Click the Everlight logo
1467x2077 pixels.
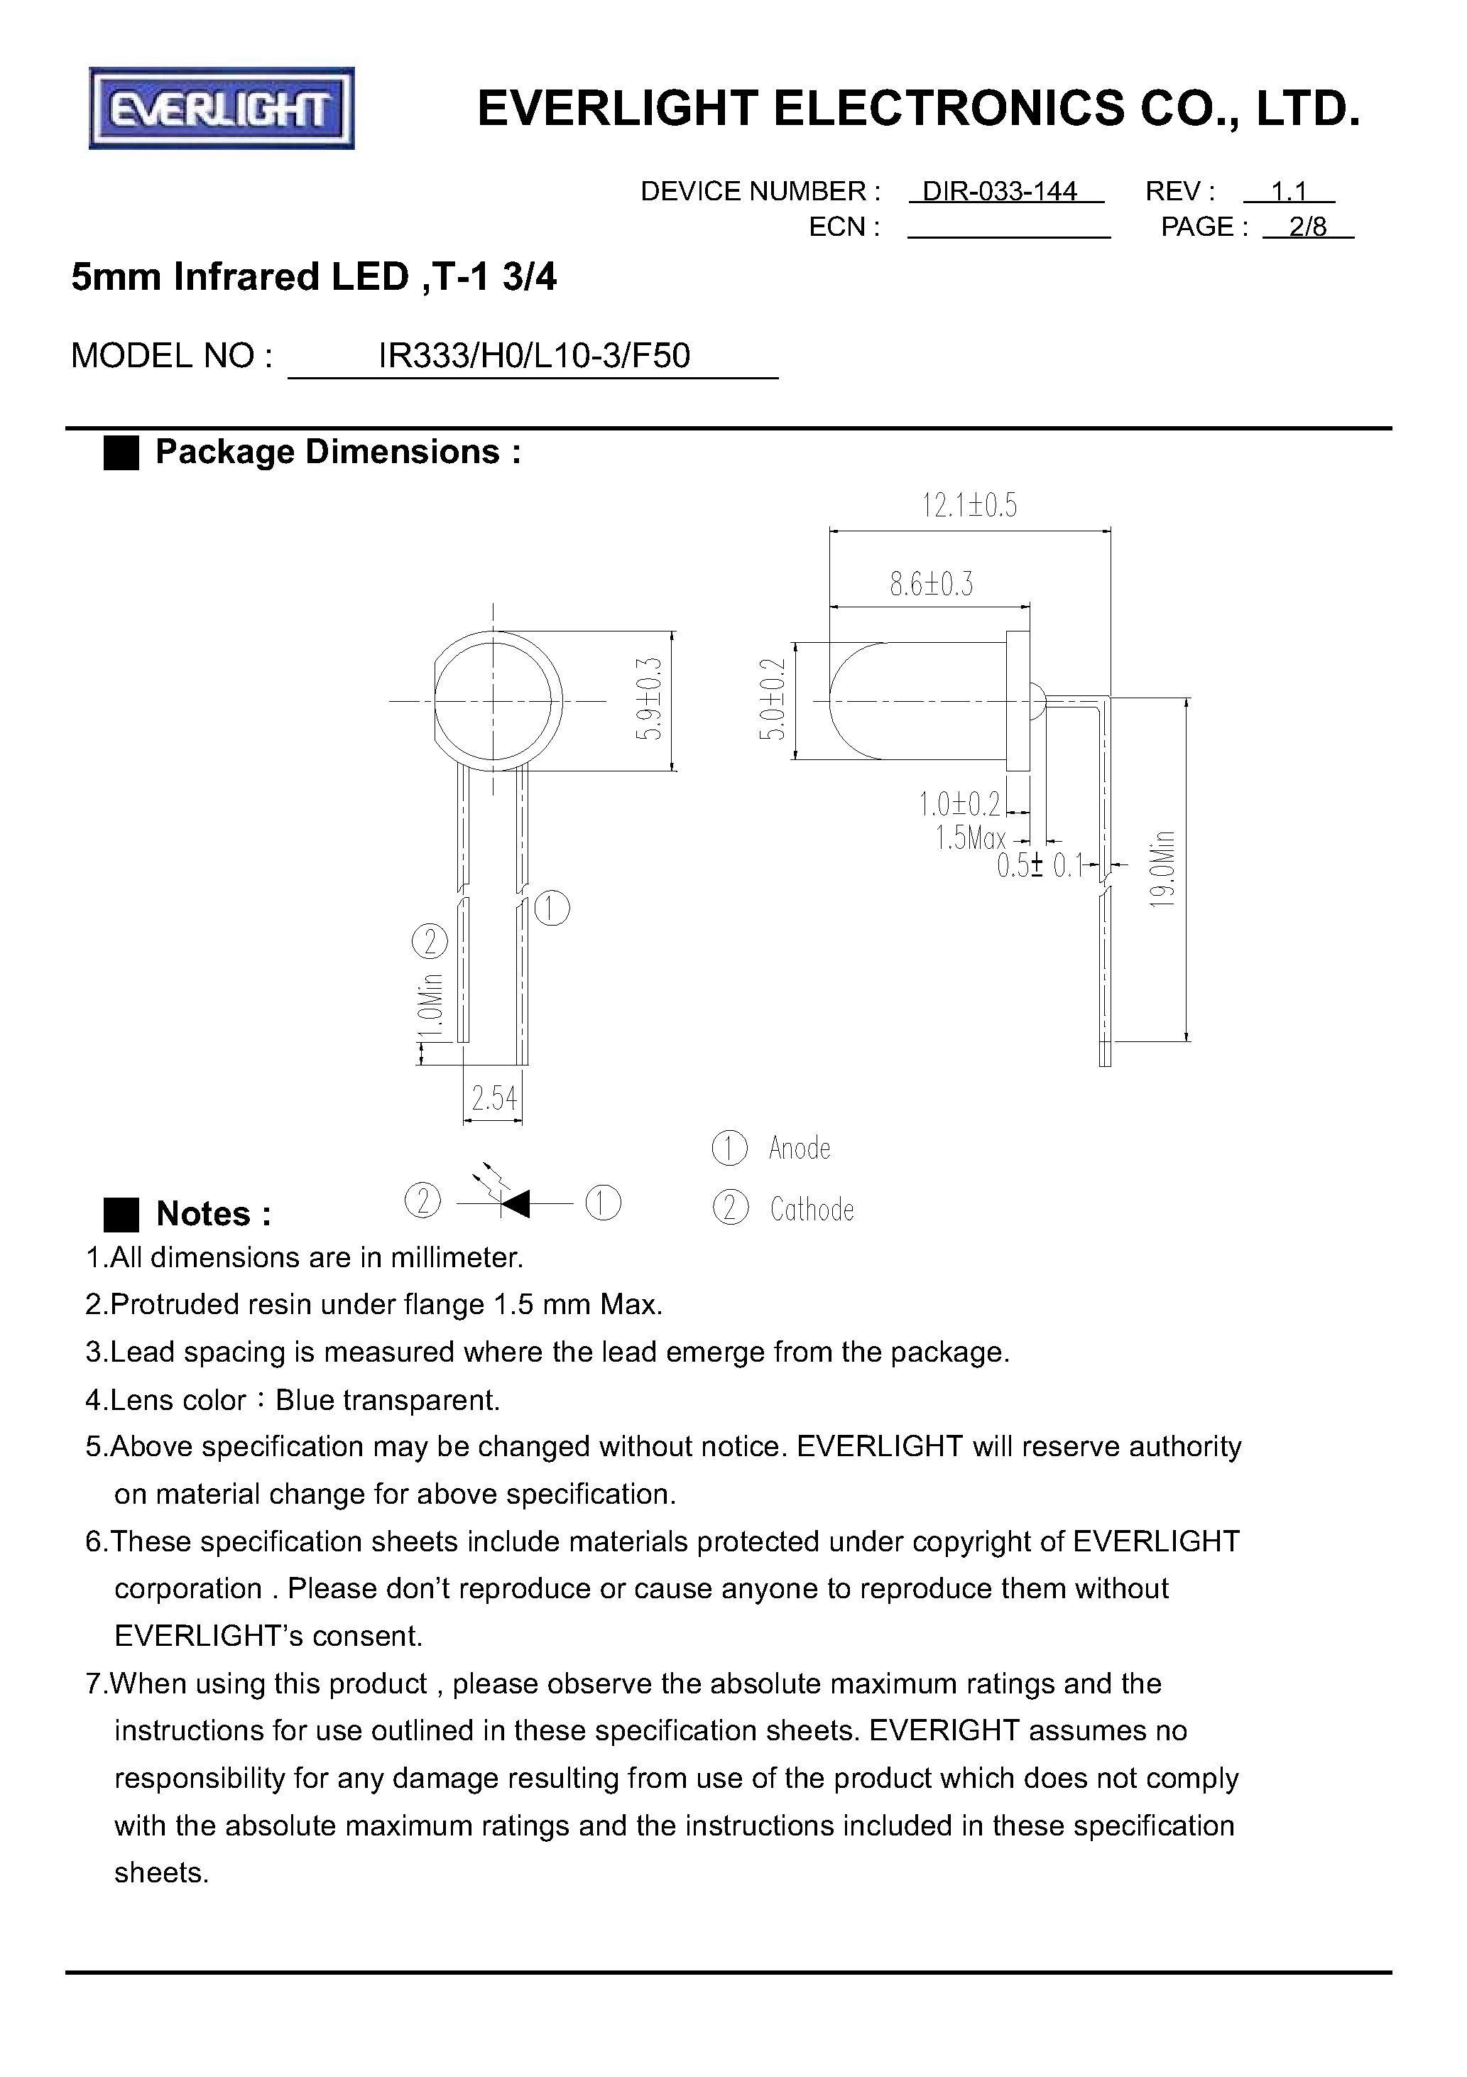pos(222,109)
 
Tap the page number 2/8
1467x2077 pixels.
pos(1308,227)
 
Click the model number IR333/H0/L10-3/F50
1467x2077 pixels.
pos(534,357)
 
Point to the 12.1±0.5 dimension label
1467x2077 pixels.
pos(969,506)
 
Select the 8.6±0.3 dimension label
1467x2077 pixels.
pos(932,585)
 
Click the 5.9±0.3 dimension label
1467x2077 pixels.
pos(650,699)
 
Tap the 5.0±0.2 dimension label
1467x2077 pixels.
pos(771,699)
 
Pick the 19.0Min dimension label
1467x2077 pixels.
pos(1163,869)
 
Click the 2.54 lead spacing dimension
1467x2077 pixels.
pos(493,1099)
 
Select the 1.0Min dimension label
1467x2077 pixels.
pos(432,1009)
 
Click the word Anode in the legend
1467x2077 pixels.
pos(800,1148)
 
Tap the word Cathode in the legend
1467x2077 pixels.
pos(812,1210)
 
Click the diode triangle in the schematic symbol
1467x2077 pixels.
pos(516,1204)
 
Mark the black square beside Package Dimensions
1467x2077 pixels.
pos(121,452)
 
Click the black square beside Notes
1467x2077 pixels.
pos(121,1214)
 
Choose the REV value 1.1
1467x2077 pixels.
pos(1289,192)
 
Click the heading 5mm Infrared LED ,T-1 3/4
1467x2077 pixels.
pos(314,278)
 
